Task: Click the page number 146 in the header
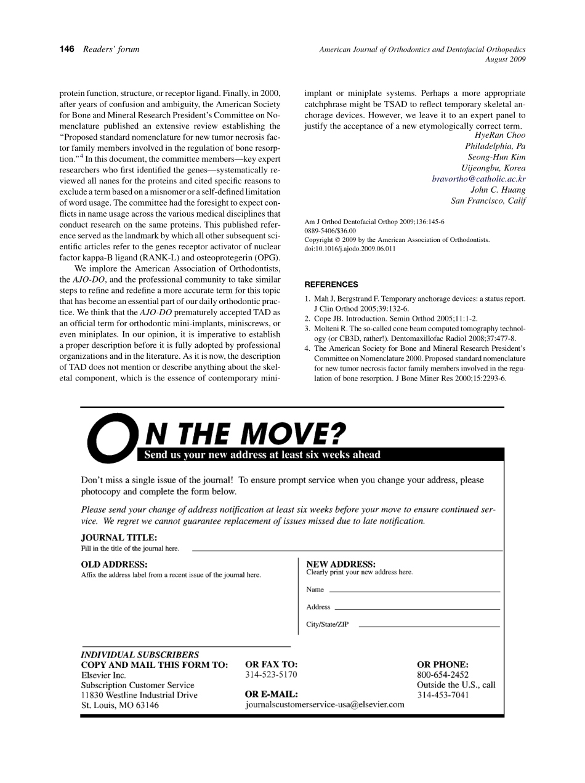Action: point(67,49)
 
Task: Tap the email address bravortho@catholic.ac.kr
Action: point(478,179)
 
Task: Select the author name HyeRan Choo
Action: point(500,135)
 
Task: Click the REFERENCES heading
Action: point(331,285)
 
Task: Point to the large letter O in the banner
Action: point(109,438)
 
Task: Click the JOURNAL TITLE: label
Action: point(119,537)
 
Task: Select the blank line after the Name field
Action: point(414,591)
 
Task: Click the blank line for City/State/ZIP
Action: point(429,626)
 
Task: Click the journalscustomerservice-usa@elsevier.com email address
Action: point(325,705)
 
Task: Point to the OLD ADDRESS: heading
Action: point(114,564)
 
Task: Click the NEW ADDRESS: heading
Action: point(341,564)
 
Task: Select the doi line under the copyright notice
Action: point(350,249)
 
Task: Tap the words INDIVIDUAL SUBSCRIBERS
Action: point(140,655)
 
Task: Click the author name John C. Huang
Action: point(498,190)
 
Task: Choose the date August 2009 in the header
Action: point(505,60)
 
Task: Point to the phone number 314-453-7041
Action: point(443,695)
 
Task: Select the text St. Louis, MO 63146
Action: point(120,705)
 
